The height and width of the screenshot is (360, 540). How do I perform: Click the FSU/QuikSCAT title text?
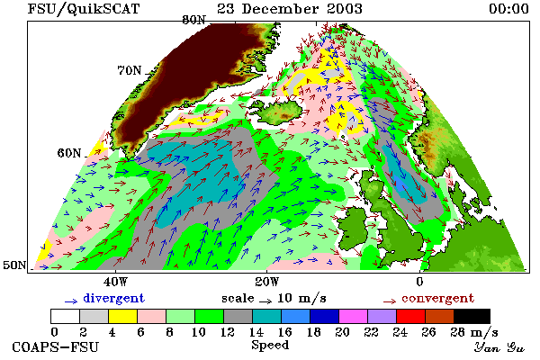point(84,9)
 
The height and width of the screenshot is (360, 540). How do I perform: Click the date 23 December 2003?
point(290,9)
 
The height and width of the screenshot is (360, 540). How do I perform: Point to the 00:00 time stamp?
point(508,9)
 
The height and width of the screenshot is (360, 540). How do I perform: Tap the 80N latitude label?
point(193,20)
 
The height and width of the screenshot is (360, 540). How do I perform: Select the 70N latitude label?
point(130,70)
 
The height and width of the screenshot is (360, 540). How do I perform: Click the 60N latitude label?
point(69,153)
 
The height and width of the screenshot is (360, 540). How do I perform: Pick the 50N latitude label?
point(14,265)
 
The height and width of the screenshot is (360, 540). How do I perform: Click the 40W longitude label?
point(115,282)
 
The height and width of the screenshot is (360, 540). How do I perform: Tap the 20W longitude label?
point(267,282)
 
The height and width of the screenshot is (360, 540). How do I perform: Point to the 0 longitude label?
point(419,282)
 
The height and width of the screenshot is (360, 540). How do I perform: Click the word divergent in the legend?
point(113,298)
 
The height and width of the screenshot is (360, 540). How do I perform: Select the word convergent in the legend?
point(437,298)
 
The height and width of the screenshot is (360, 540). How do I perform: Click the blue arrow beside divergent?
point(71,301)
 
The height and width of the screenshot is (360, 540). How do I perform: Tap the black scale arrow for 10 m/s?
point(265,301)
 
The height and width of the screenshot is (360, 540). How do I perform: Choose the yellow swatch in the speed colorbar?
point(123,316)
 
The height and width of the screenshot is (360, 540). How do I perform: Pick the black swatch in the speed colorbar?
point(472,316)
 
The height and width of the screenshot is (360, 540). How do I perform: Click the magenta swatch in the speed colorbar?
point(354,316)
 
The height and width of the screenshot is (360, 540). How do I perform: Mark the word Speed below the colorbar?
point(270,346)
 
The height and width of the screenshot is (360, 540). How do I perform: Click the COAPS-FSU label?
point(56,346)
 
